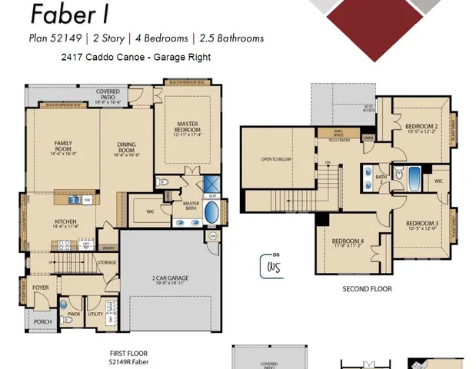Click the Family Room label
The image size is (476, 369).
coord(63,146)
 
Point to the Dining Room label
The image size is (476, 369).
coord(127,146)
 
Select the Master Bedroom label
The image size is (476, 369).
coord(188,127)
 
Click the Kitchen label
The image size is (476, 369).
coord(65,224)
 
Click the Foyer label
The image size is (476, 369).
coord(41,288)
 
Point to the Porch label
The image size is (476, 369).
coord(42,322)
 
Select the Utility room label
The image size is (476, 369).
coord(95,314)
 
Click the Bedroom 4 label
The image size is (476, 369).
coord(348,243)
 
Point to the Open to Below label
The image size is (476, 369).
coord(275,159)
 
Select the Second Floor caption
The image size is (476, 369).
coord(367,289)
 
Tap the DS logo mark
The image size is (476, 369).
coord(272,265)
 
